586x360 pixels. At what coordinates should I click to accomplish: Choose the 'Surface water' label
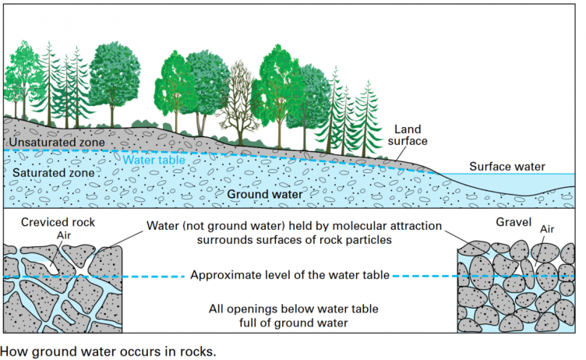tap(507, 167)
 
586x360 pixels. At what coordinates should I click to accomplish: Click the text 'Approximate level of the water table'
tap(289, 275)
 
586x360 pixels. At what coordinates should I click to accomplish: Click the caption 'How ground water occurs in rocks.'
tap(108, 350)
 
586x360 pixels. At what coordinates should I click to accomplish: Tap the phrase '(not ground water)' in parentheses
tap(235, 227)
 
